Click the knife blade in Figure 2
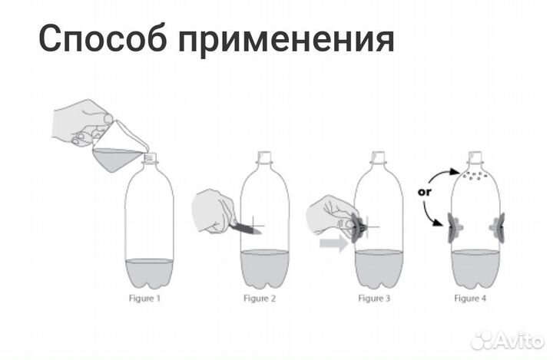tap(245, 226)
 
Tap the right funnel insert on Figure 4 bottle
tap(498, 228)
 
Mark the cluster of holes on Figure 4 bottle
tap(475, 178)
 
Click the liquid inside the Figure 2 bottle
tap(265, 269)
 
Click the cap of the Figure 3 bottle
tap(376, 157)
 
